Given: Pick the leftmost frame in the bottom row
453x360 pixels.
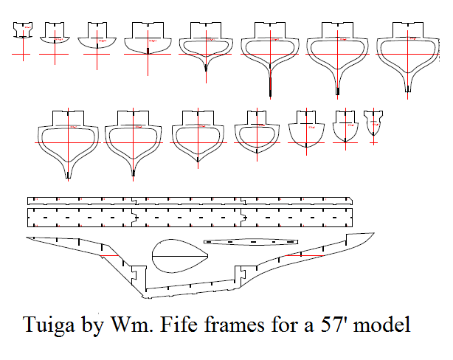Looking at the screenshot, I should point(68,140).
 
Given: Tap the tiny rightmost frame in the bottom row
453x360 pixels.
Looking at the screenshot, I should point(374,121).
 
